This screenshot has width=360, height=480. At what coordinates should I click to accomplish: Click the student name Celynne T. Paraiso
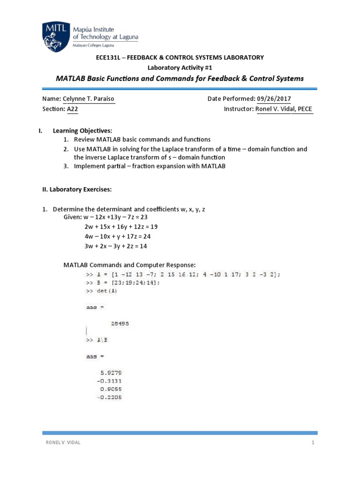point(89,99)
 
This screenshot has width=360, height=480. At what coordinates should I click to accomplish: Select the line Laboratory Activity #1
point(180,67)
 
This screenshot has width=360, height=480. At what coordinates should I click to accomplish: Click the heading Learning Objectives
point(82,130)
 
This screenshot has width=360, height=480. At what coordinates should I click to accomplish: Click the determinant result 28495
point(121,323)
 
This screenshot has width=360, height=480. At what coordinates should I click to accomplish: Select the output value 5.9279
point(111,373)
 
